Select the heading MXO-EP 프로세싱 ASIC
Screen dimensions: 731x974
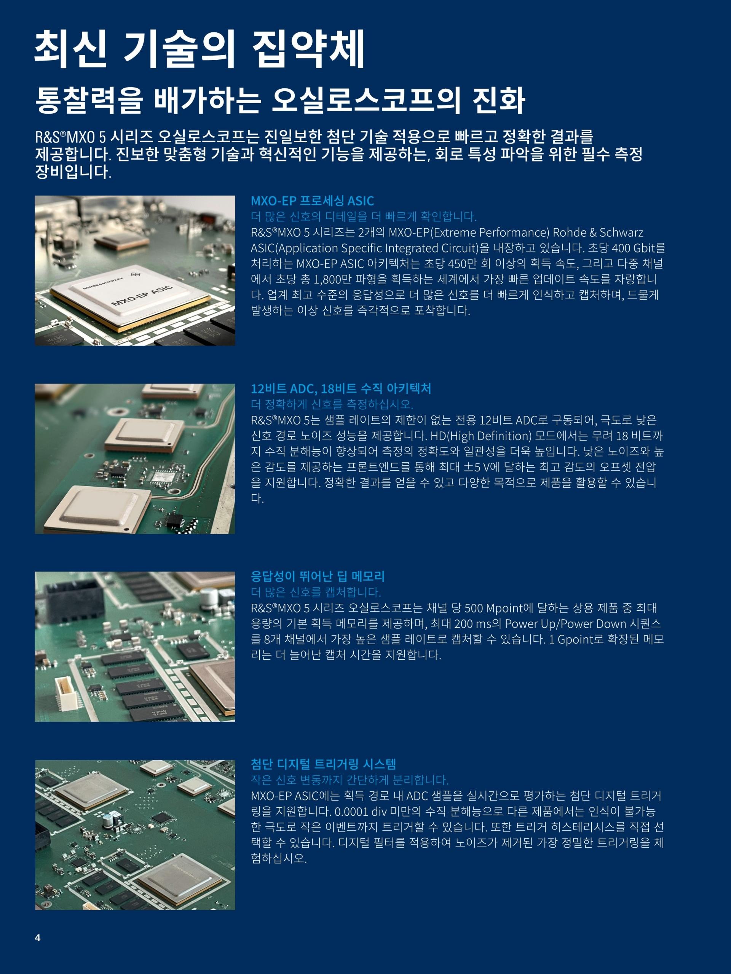click(313, 201)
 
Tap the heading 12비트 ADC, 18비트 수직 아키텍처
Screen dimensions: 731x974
click(341, 388)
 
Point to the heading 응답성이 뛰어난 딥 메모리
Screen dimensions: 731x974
click(318, 576)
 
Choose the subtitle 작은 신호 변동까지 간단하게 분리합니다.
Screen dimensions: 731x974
click(350, 780)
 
